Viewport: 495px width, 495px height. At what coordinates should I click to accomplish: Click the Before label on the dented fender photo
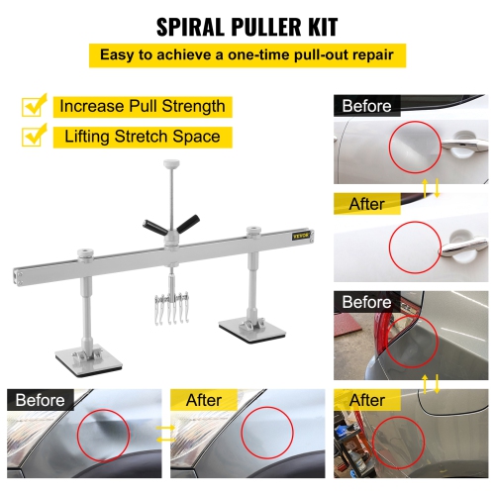point(39,400)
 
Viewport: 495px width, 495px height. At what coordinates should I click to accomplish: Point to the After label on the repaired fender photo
point(203,400)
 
